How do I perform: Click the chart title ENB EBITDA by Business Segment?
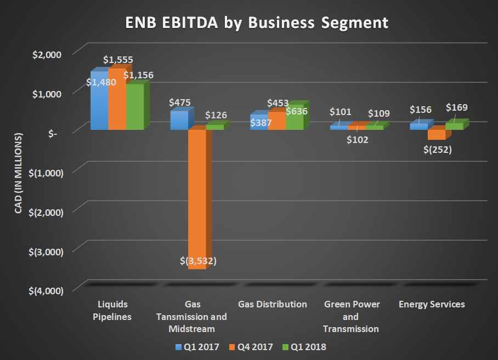click(249, 24)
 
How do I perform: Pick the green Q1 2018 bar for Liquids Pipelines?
click(134, 110)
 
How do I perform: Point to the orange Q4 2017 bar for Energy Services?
click(436, 134)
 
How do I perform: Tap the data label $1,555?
click(117, 60)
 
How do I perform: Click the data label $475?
click(180, 102)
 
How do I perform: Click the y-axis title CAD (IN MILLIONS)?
click(18, 172)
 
